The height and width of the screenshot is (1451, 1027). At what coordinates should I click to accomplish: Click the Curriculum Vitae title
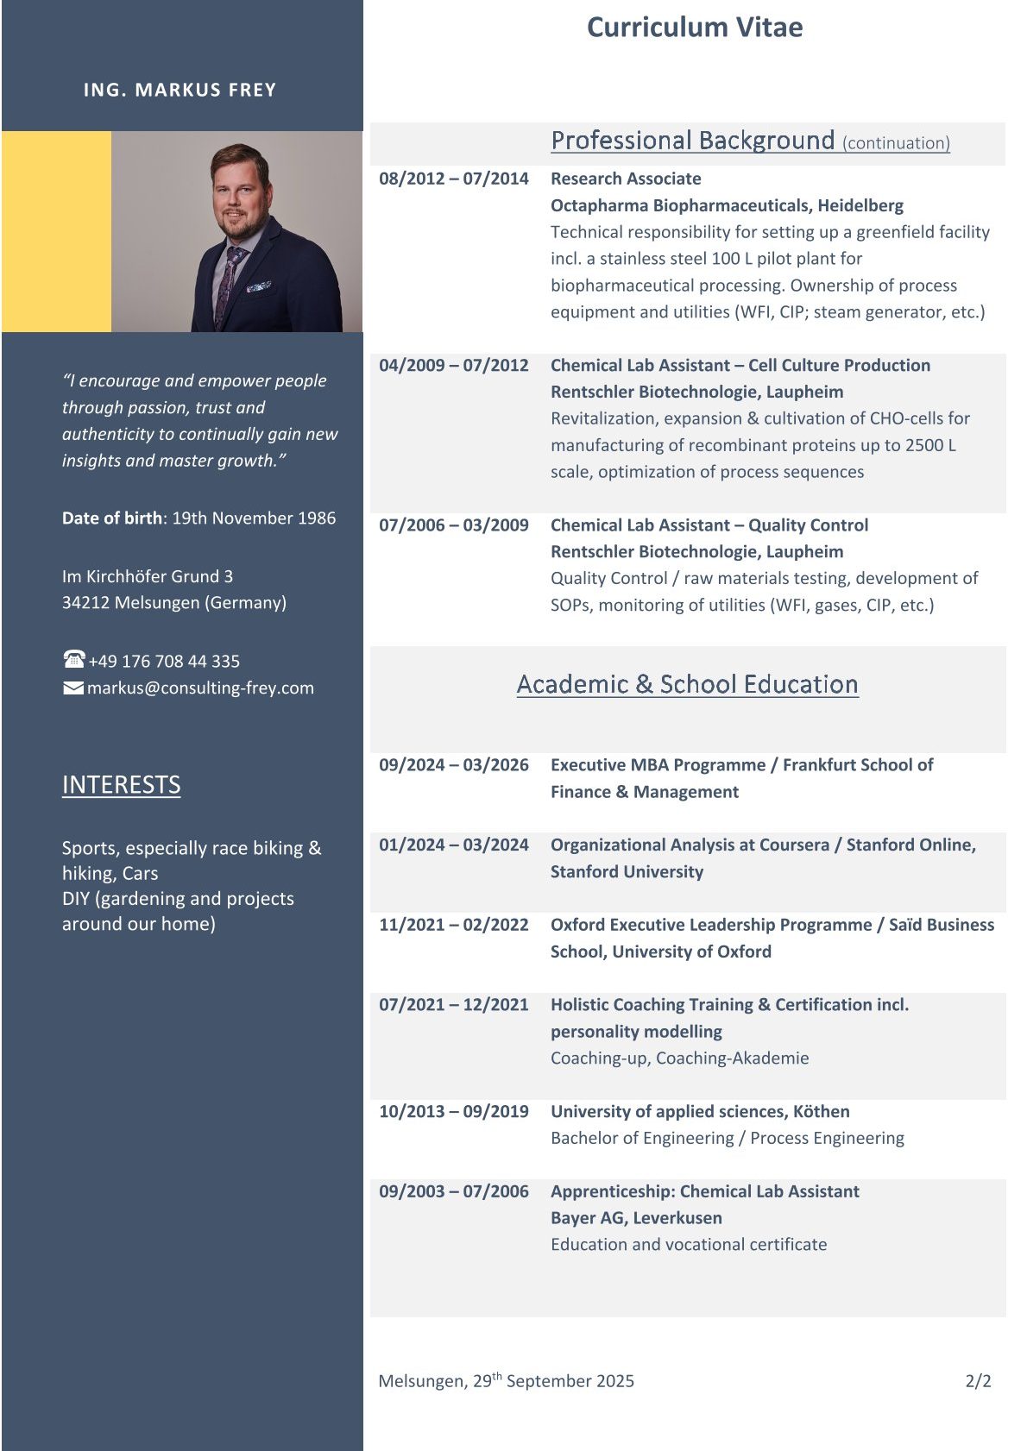pyautogui.click(x=694, y=28)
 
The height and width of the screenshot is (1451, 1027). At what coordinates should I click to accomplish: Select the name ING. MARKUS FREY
pyautogui.click(x=180, y=90)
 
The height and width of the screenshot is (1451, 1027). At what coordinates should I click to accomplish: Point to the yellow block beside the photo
pyautogui.click(x=56, y=231)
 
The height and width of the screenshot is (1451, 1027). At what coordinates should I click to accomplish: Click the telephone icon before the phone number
pyautogui.click(x=73, y=659)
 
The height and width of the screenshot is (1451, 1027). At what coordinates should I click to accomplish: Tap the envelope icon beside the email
pyautogui.click(x=73, y=688)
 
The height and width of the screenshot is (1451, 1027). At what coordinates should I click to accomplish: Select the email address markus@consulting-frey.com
pyautogui.click(x=200, y=688)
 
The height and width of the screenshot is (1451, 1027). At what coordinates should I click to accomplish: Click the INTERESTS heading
pyautogui.click(x=121, y=784)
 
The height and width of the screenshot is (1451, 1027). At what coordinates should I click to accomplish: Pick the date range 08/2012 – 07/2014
pyautogui.click(x=454, y=179)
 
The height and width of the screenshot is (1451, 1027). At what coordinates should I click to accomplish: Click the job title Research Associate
pyautogui.click(x=626, y=179)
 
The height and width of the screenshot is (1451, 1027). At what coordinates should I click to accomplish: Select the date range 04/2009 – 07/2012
pyautogui.click(x=454, y=365)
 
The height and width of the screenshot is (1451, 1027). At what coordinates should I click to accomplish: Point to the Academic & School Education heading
pyautogui.click(x=687, y=684)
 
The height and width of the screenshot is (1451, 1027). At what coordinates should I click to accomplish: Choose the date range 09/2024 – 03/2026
pyautogui.click(x=454, y=765)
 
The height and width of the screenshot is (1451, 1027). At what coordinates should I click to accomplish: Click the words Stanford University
pyautogui.click(x=627, y=871)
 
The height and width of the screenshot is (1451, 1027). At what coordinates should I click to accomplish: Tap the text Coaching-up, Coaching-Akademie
pyautogui.click(x=680, y=1058)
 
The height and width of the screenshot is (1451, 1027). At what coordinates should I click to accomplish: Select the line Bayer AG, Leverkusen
pyautogui.click(x=636, y=1218)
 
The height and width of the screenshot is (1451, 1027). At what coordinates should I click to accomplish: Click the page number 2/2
pyautogui.click(x=978, y=1381)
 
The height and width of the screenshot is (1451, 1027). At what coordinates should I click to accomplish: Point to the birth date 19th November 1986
pyautogui.click(x=254, y=518)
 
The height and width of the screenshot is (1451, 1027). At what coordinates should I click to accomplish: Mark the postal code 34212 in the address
pyautogui.click(x=85, y=603)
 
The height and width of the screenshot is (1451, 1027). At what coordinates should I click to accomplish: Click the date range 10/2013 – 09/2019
pyautogui.click(x=454, y=1111)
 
